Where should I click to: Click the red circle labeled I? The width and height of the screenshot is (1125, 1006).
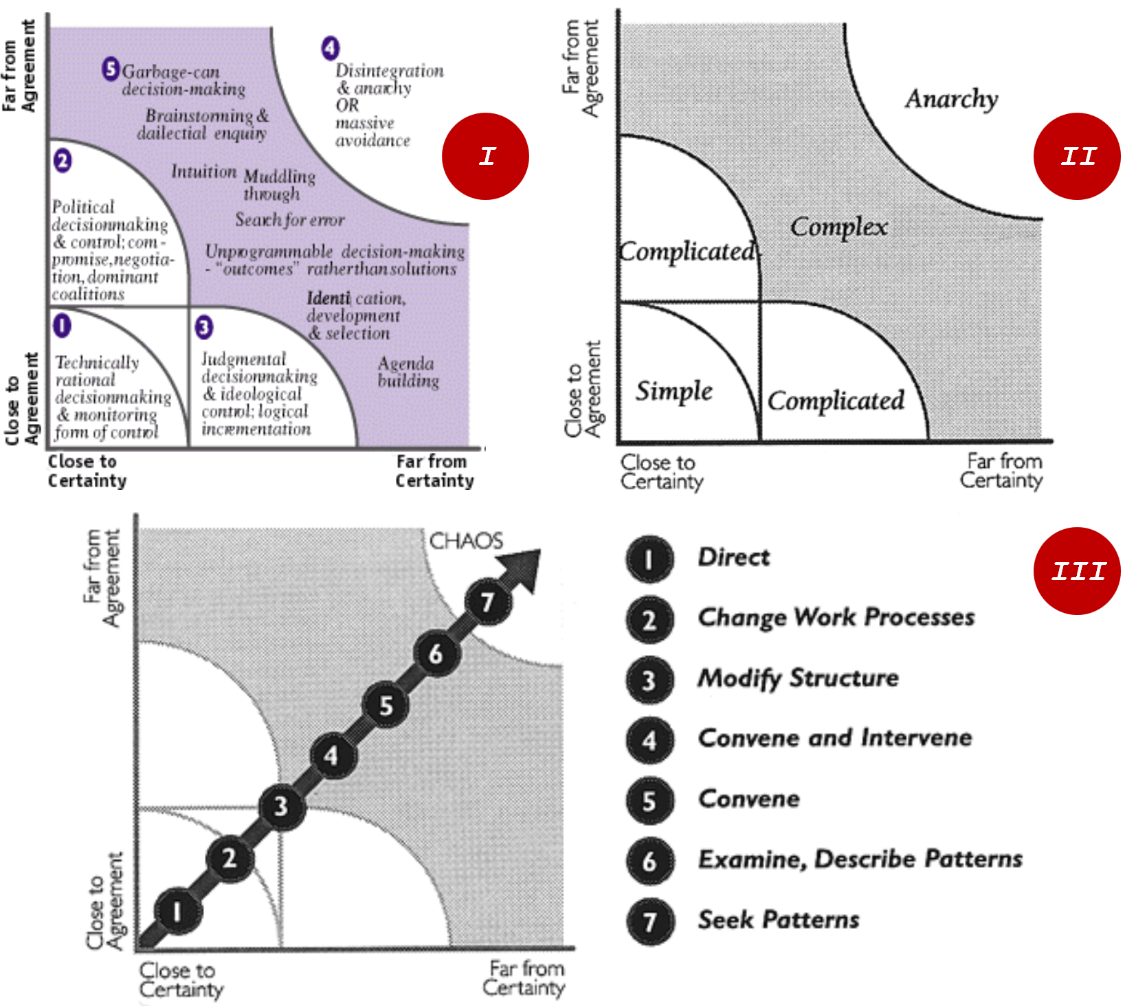[x=485, y=157]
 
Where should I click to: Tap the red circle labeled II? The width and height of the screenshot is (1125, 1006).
[x=1076, y=157]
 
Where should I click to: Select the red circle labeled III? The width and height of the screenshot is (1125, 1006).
[x=1076, y=571]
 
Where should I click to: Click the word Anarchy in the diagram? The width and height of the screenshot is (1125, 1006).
[x=951, y=99]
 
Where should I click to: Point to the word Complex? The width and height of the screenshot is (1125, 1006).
[x=838, y=227]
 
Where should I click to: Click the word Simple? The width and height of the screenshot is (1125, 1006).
[x=673, y=392]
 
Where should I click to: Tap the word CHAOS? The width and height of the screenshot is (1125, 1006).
[x=466, y=541]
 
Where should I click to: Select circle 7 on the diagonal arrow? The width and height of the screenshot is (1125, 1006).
[x=487, y=603]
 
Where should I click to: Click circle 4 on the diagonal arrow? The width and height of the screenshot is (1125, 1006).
[x=332, y=756]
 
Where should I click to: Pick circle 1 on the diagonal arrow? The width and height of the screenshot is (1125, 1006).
[x=178, y=912]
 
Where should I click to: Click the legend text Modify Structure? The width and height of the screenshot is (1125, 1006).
[x=798, y=678]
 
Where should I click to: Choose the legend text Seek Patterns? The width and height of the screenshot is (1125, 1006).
[x=779, y=919]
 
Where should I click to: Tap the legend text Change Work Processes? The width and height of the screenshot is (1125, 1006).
[x=836, y=617]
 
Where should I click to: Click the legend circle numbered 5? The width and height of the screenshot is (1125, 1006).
[x=649, y=801]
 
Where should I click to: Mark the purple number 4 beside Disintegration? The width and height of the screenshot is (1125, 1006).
[x=331, y=48]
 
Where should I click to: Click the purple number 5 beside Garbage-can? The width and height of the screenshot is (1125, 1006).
[x=111, y=69]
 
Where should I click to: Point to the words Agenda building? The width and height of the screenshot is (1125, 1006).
[x=408, y=372]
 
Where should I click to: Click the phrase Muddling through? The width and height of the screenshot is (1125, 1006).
[x=278, y=185]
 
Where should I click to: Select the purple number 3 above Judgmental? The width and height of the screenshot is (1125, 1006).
[x=204, y=327]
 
